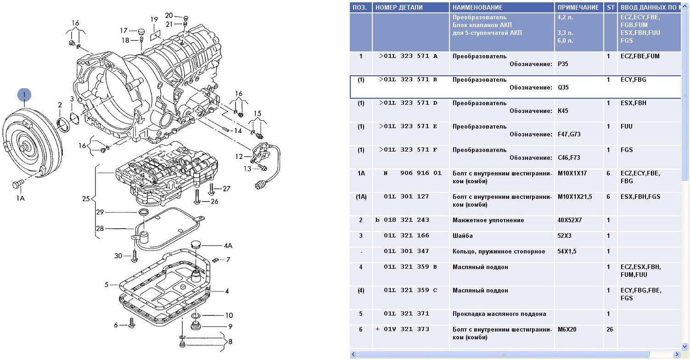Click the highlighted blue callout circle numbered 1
tap(24, 95)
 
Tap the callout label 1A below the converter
tap(20, 198)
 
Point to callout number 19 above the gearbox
tap(154, 19)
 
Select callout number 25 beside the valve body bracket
tap(86, 199)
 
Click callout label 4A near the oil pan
tap(228, 246)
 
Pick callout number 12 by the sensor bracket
tap(239, 157)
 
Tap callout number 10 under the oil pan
tap(229, 315)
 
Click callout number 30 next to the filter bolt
tap(118, 256)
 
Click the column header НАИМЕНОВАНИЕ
tap(477, 7)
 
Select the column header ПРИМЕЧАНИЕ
tap(578, 7)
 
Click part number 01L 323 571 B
tap(408, 79)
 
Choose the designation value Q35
tap(563, 87)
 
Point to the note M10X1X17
tap(572, 173)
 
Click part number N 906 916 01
tap(413, 173)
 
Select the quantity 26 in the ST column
tap(610, 329)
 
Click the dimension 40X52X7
tap(569, 220)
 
